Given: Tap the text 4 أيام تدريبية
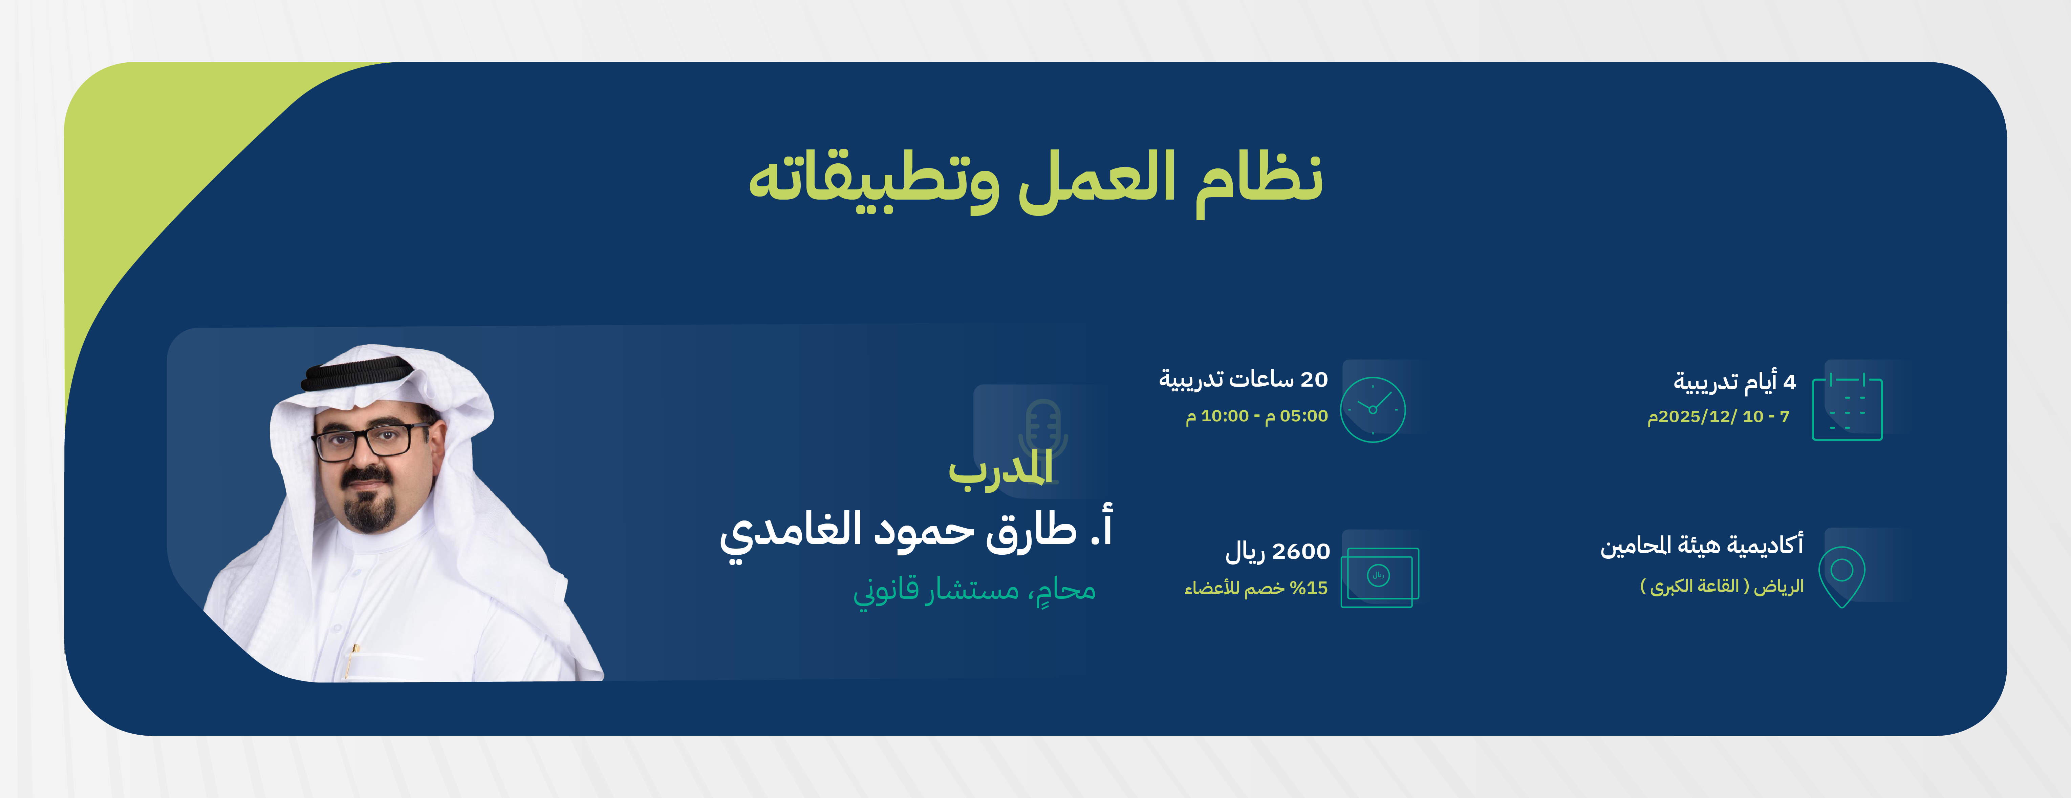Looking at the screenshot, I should [x=1734, y=381].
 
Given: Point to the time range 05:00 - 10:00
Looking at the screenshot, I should [x=1257, y=416].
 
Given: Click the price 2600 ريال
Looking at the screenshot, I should [x=1277, y=552].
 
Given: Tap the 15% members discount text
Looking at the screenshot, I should [x=1256, y=588].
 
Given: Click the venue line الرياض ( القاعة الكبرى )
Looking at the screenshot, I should [x=1721, y=587].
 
